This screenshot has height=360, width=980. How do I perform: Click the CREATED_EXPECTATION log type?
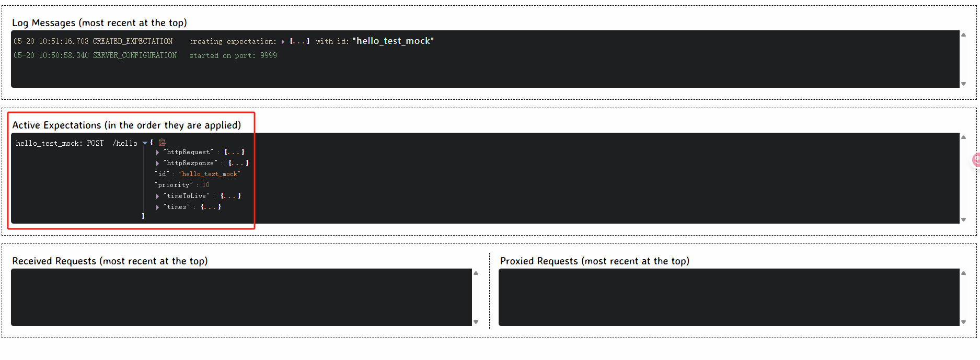click(132, 41)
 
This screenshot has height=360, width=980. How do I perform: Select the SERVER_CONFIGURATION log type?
click(134, 55)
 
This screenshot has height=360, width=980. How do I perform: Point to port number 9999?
click(269, 55)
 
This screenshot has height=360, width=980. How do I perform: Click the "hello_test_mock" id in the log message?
click(393, 41)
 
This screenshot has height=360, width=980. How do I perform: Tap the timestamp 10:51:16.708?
click(64, 41)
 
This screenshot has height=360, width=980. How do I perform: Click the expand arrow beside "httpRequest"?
click(157, 152)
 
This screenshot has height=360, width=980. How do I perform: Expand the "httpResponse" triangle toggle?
click(157, 163)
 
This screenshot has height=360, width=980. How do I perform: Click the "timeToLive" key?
click(187, 196)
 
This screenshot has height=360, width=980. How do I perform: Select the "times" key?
click(177, 207)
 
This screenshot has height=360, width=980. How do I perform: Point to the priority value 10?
click(206, 185)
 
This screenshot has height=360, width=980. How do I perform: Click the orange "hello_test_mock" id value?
click(210, 174)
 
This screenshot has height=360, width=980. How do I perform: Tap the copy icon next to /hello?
click(162, 142)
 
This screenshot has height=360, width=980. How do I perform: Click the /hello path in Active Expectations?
click(125, 143)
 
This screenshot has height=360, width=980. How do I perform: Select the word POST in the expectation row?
click(95, 143)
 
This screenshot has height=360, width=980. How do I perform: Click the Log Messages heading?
click(99, 22)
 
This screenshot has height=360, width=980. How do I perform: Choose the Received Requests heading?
click(110, 261)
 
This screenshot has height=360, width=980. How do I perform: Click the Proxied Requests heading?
click(594, 261)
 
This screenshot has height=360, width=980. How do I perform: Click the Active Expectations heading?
click(126, 125)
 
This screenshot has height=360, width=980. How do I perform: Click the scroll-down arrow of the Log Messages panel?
click(963, 84)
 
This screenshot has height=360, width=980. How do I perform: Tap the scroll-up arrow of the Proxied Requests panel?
click(963, 273)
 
